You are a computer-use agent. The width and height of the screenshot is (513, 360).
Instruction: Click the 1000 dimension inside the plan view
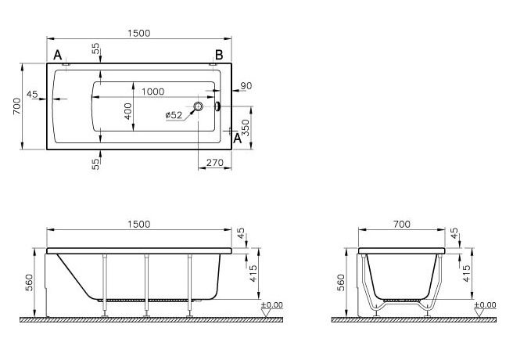click(x=152, y=92)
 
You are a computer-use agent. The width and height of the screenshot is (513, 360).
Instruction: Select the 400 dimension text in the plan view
click(x=128, y=111)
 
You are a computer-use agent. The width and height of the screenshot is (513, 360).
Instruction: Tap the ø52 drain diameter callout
click(x=174, y=115)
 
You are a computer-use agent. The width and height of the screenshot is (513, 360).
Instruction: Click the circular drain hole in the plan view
click(x=198, y=106)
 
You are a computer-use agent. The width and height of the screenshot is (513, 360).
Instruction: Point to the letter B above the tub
click(x=219, y=55)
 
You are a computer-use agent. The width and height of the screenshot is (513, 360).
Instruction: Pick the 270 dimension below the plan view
click(x=215, y=162)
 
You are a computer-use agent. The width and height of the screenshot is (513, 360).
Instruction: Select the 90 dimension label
click(x=246, y=86)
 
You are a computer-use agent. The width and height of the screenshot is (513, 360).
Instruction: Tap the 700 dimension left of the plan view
click(x=16, y=106)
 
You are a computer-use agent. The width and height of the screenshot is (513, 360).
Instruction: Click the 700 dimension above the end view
click(x=402, y=224)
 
